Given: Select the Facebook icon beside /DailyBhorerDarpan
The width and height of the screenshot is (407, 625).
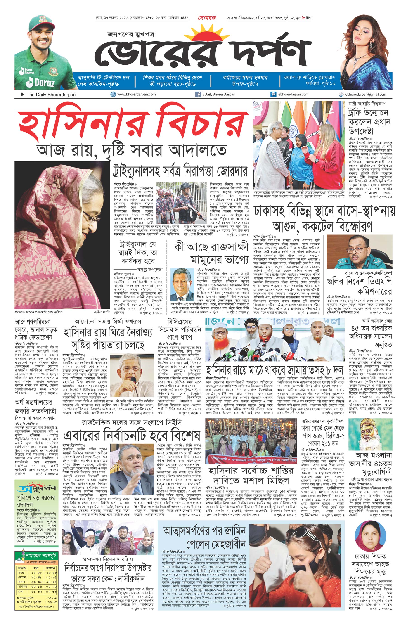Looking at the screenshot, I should point(198,94).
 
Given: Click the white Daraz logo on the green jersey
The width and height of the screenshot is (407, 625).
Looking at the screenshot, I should point(41,83).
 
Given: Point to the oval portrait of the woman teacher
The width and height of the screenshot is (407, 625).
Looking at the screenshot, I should point(370,534).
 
